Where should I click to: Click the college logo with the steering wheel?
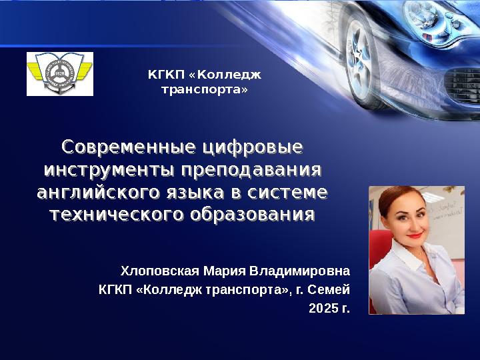(60, 74)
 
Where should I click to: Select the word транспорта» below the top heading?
(205, 90)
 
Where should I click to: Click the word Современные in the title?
(128, 147)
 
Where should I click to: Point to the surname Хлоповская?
(160, 271)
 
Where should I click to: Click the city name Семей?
(329, 289)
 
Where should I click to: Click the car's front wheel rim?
(358, 59)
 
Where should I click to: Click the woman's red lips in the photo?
(415, 235)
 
